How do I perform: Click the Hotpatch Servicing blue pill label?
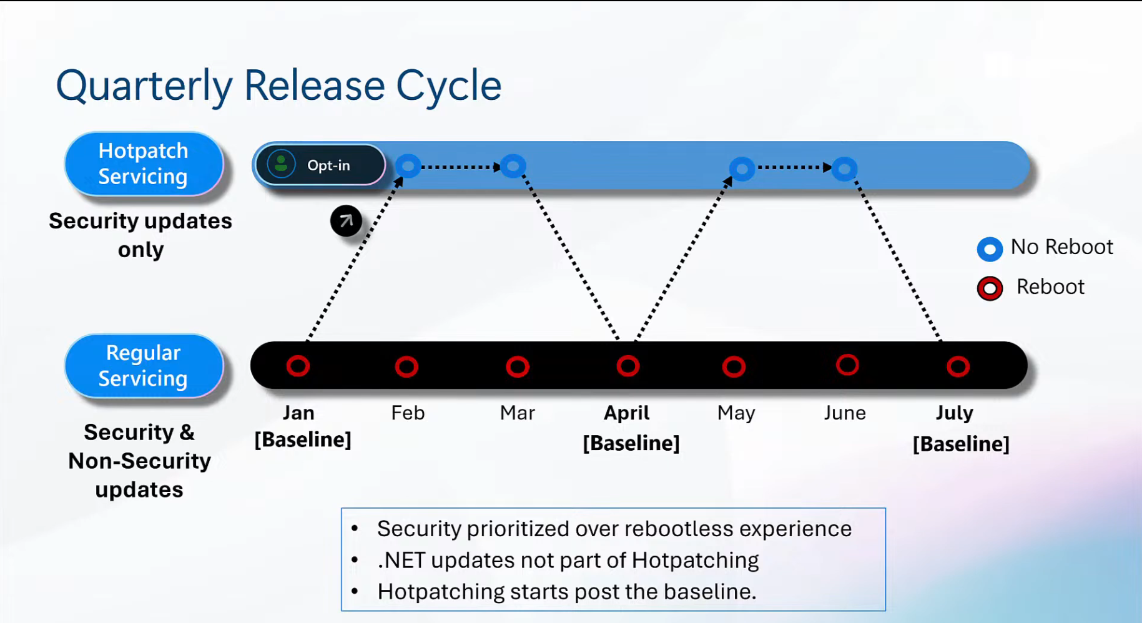point(144,164)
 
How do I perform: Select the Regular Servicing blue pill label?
point(144,366)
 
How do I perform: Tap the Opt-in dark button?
point(320,165)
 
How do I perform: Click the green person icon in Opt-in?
point(281,165)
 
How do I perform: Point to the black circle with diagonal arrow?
point(346,220)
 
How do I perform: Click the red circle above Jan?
point(298,366)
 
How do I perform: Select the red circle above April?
point(628,366)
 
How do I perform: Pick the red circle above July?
point(957,366)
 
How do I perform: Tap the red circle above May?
point(734,366)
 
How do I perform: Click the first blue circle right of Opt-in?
point(408,166)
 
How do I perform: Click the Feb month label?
point(408,413)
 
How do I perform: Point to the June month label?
point(844,413)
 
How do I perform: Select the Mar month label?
point(517,413)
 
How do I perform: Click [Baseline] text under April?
point(631,443)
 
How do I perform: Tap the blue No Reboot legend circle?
point(990,248)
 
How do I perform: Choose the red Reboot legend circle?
point(990,288)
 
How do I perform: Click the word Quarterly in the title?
point(144,86)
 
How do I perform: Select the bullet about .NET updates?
point(568,560)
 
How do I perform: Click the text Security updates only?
point(140,235)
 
